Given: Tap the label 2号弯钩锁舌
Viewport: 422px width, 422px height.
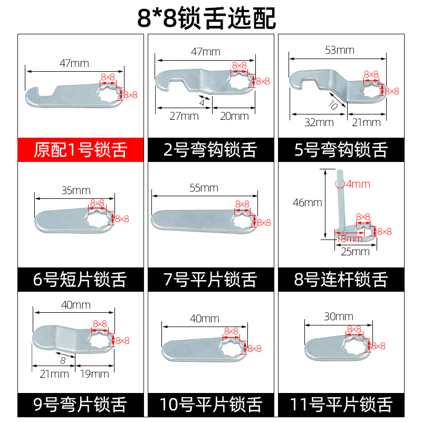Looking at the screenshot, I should (x=210, y=150).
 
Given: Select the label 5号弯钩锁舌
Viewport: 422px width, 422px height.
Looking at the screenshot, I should (x=340, y=150).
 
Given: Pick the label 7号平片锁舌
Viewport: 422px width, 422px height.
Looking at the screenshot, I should (x=210, y=279).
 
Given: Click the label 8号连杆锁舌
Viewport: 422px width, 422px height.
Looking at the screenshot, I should (x=340, y=279).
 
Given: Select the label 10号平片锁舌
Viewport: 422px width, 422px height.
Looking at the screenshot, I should (x=210, y=405).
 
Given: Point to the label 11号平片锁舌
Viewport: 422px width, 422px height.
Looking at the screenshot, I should (x=340, y=405).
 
